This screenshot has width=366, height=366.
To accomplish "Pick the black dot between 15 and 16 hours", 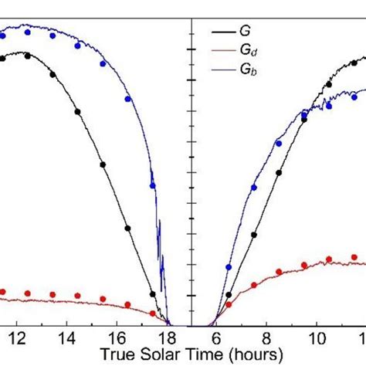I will click(103, 164).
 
